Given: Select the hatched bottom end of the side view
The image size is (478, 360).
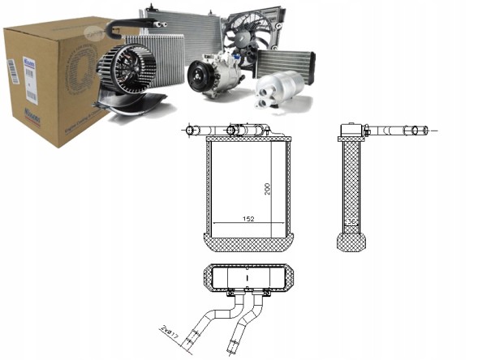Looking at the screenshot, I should click(351, 241).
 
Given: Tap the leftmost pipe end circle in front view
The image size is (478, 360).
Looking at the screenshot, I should click(191, 130).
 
